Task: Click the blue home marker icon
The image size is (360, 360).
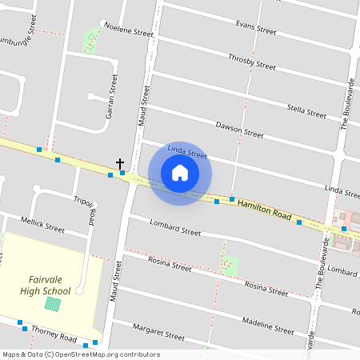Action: tap(180, 173)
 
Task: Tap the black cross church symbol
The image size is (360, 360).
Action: tap(120, 163)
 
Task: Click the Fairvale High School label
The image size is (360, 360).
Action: tap(46, 285)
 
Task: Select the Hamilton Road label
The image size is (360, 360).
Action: tap(263, 210)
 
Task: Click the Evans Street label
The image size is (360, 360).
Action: tap(256, 28)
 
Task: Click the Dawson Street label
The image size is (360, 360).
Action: tap(239, 129)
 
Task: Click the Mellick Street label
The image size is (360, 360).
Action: tap(44, 227)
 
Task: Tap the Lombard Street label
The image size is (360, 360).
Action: tap(174, 231)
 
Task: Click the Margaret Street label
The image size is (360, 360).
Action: tap(157, 329)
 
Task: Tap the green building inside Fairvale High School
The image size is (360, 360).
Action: tap(53, 304)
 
